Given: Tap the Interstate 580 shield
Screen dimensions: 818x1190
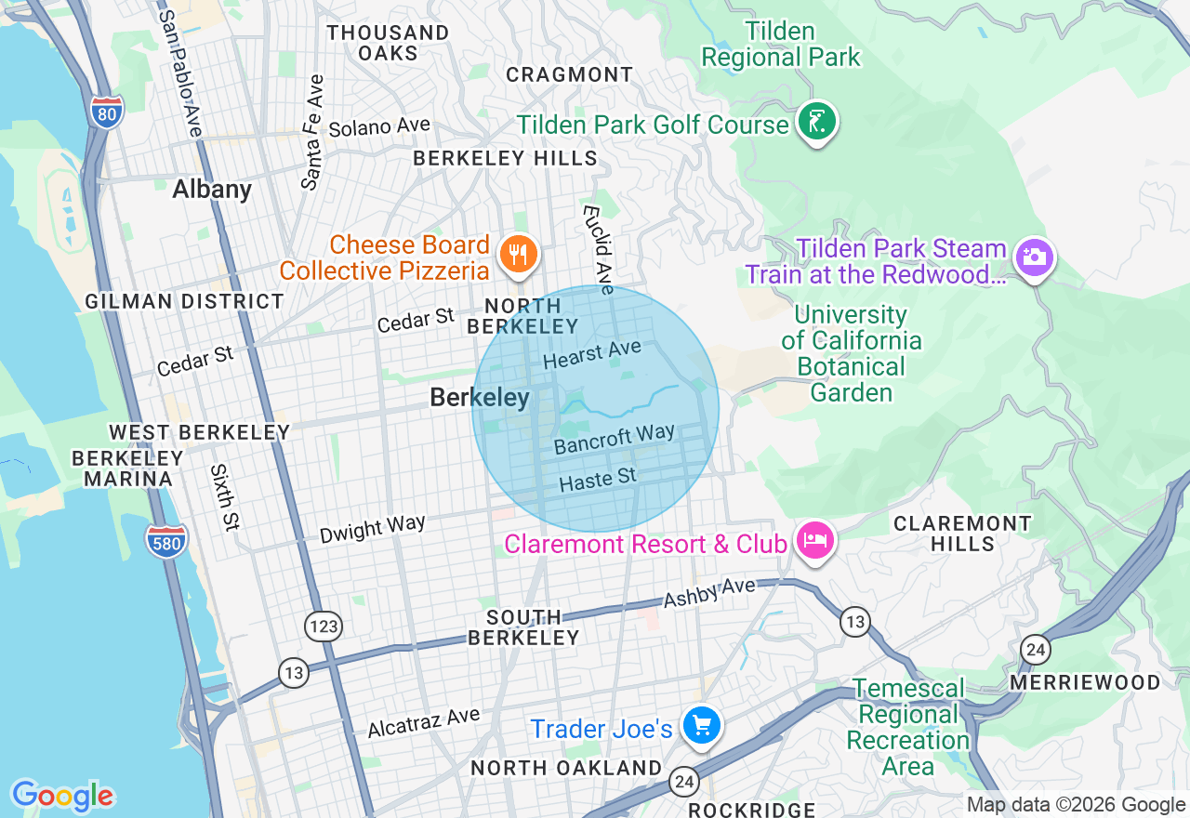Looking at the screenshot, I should pos(166,542).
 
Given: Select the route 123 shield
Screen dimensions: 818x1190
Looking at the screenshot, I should pos(324,626).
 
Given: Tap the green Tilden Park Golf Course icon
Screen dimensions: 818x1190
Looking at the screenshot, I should pos(817,122).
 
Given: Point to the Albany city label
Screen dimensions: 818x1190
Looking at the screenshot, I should pos(212,190).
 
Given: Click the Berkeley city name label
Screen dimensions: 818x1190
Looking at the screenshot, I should pos(480,398).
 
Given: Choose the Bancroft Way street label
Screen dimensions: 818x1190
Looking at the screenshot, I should pos(614,439).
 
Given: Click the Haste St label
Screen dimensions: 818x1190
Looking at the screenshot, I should pos(598,480).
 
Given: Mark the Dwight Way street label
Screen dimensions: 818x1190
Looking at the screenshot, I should pos(372,528).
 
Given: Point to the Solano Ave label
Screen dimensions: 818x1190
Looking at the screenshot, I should pos(379,127).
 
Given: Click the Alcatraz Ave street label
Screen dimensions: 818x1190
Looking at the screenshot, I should pos(423,722).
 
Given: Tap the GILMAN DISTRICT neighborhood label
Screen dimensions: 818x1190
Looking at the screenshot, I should pos(184,301).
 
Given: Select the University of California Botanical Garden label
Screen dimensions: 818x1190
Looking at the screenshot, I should pos(851,354).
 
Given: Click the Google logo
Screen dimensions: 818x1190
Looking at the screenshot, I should pos(62,796).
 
